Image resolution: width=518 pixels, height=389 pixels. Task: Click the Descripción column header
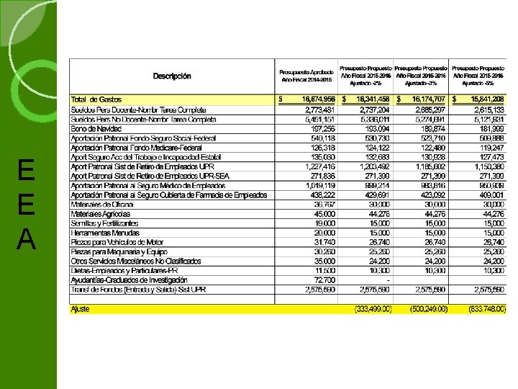click(x=172, y=76)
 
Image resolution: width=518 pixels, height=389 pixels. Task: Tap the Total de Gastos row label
click(x=96, y=99)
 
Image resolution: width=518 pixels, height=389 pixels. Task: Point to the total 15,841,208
click(x=487, y=99)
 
